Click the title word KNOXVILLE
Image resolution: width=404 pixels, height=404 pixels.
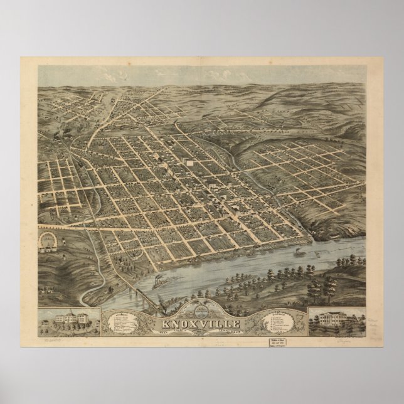pyautogui.click(x=201, y=324)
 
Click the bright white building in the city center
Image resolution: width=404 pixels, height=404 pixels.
pyautogui.click(x=189, y=162)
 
